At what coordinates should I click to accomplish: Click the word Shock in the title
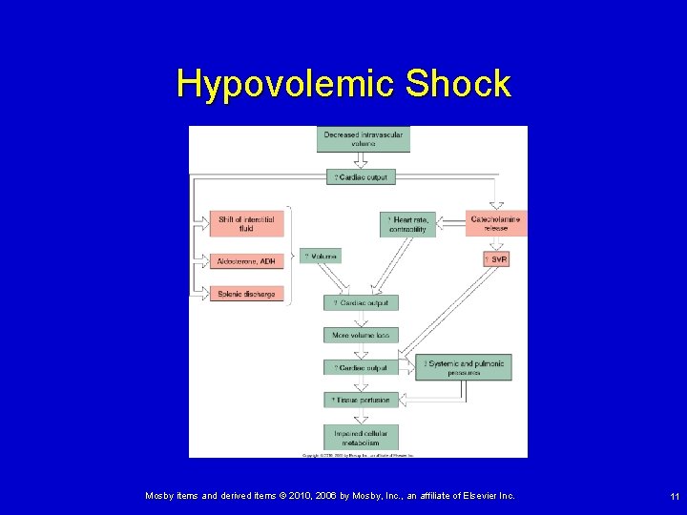point(458,85)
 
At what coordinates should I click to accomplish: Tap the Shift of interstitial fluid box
point(248,223)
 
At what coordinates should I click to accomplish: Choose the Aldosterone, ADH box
point(248,260)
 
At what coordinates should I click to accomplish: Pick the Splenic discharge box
point(248,294)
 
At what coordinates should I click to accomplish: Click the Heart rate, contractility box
point(408,224)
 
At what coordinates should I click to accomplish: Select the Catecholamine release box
point(495,223)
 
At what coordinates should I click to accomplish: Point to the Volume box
point(321,257)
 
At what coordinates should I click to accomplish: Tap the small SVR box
point(495,258)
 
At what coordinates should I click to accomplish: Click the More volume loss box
point(361,335)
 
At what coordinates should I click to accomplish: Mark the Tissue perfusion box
point(361,400)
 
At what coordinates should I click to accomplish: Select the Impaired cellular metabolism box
point(356,438)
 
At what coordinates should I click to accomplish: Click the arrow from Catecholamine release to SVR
point(495,244)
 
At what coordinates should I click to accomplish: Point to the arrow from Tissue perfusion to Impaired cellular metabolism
point(360,417)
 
